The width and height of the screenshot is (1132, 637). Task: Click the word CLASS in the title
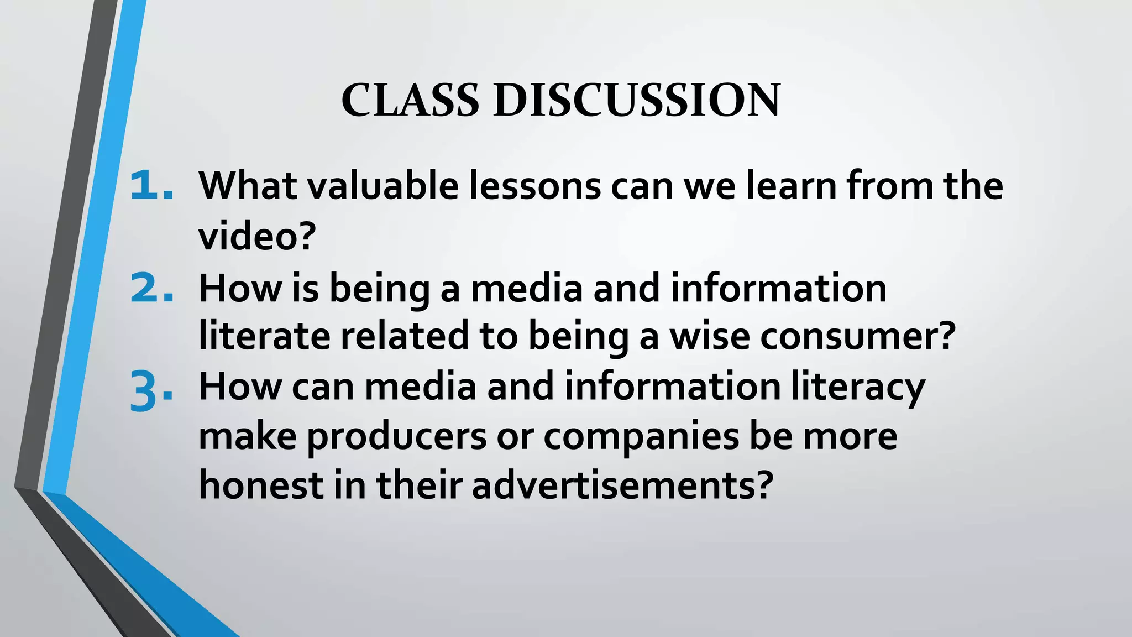point(410,100)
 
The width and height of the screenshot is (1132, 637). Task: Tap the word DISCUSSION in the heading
point(636,100)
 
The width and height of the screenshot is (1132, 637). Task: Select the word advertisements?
point(621,485)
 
